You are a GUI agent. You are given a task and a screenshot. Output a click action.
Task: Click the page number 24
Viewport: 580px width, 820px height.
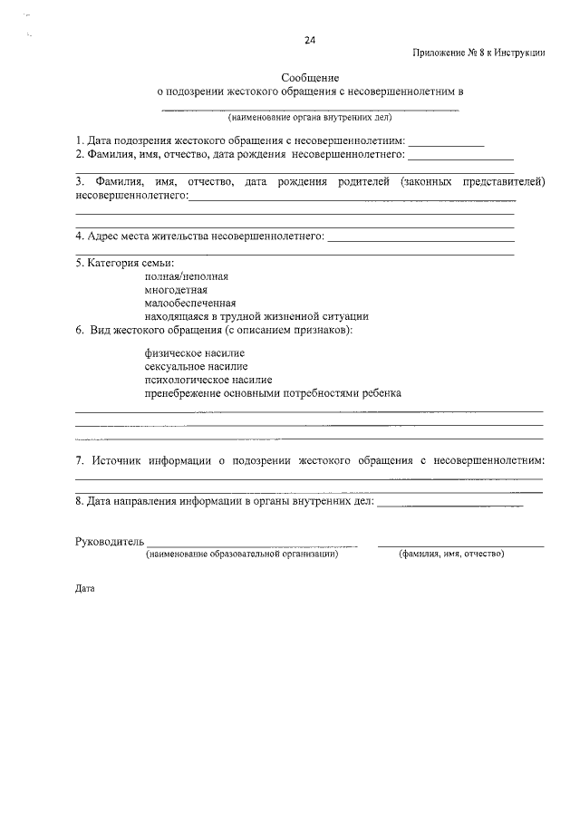310,41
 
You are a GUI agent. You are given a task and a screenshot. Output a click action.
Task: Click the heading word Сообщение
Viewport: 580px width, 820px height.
310,79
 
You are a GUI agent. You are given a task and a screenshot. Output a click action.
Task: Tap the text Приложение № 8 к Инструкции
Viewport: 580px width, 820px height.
478,53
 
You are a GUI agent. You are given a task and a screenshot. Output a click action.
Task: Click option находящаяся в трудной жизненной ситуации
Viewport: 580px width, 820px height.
256,317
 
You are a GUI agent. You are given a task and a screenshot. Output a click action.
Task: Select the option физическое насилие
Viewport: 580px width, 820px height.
194,352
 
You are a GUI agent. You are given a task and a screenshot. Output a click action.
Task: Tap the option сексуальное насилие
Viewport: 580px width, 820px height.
195,366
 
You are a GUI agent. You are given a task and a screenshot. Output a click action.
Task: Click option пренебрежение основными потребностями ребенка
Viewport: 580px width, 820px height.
272,393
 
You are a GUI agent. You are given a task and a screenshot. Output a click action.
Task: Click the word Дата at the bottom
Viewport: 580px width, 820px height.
84,587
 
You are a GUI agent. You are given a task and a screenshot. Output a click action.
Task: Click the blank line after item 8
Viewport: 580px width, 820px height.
449,504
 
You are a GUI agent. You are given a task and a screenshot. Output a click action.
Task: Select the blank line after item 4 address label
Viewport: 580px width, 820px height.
420,241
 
